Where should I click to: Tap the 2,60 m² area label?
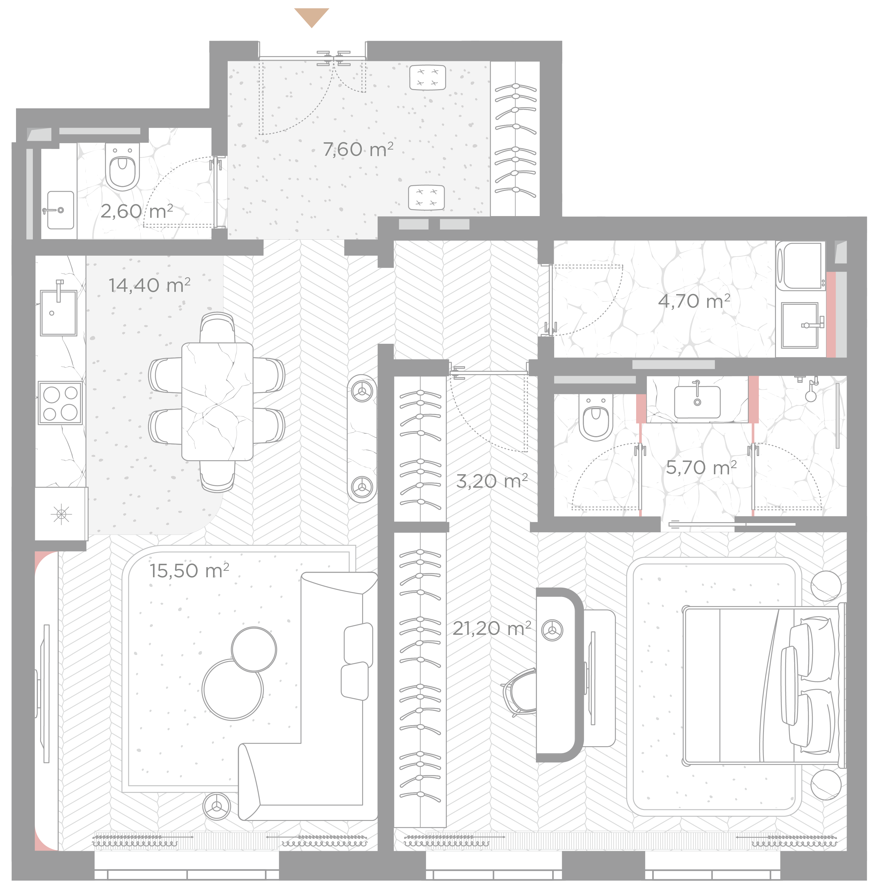click(137, 211)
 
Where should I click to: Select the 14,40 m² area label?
click(149, 285)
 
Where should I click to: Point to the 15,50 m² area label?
click(189, 571)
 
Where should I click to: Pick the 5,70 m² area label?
click(701, 468)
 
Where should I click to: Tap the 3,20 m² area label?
click(492, 481)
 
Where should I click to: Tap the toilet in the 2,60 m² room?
click(122, 167)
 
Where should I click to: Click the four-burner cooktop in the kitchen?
click(60, 403)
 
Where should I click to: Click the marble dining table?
click(217, 402)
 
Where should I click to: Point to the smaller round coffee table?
click(254, 649)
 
